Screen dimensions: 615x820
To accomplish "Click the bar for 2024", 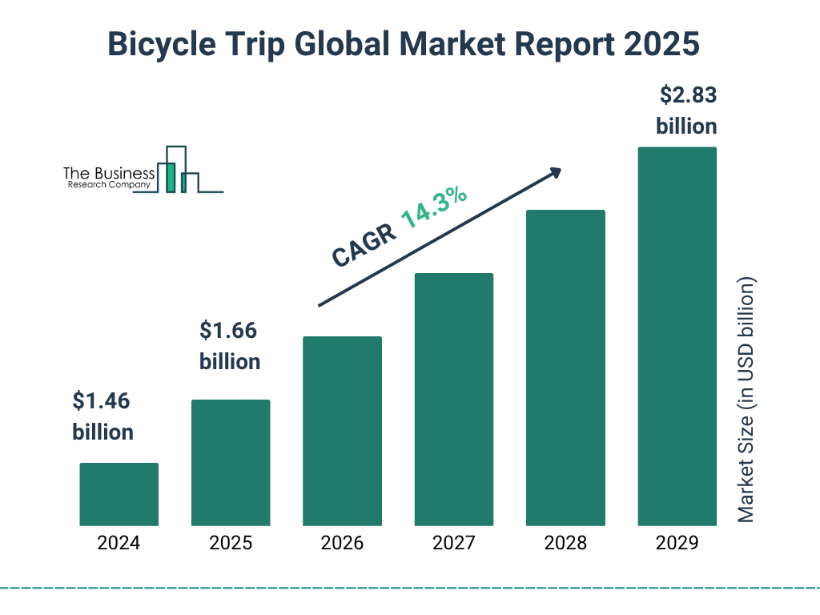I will click(x=119, y=494).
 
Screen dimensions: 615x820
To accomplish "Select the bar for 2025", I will click(x=231, y=463).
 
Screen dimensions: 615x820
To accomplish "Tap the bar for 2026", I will click(x=342, y=431).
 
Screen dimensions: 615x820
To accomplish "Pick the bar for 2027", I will click(x=453, y=400).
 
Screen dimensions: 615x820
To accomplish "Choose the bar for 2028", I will click(x=565, y=368).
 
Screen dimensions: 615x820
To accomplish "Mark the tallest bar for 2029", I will click(x=677, y=336).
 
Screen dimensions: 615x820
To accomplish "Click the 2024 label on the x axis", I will click(x=119, y=543).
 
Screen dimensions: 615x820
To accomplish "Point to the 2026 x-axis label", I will click(x=342, y=543).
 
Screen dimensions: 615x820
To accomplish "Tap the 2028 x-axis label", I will click(x=565, y=543).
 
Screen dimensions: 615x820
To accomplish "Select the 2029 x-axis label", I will click(x=677, y=543).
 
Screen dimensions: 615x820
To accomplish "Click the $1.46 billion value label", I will click(x=102, y=416).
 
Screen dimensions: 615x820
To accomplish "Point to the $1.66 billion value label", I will click(x=230, y=345).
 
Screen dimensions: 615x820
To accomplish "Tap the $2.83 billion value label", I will click(x=686, y=111).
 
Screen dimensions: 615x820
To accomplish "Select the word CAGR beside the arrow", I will click(x=364, y=244).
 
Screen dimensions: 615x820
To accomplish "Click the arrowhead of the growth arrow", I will click(x=555, y=172).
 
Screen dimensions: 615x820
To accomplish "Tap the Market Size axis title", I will click(x=746, y=400).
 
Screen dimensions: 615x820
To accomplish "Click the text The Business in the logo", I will click(x=109, y=174).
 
